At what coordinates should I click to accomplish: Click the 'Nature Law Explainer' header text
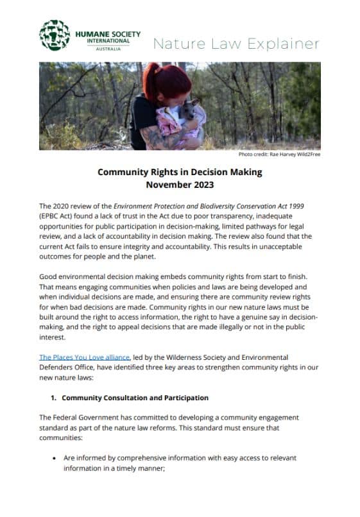tap(236, 44)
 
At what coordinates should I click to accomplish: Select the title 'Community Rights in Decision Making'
tap(180, 173)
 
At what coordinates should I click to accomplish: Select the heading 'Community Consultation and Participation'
tap(135, 398)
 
